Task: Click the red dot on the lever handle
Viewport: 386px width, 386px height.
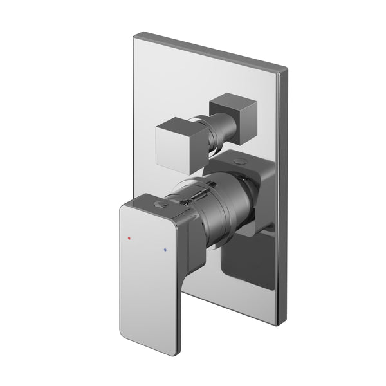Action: pyautogui.click(x=130, y=237)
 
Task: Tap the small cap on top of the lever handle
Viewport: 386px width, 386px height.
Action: pyautogui.click(x=159, y=205)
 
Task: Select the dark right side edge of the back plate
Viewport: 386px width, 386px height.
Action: pyautogui.click(x=281, y=193)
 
